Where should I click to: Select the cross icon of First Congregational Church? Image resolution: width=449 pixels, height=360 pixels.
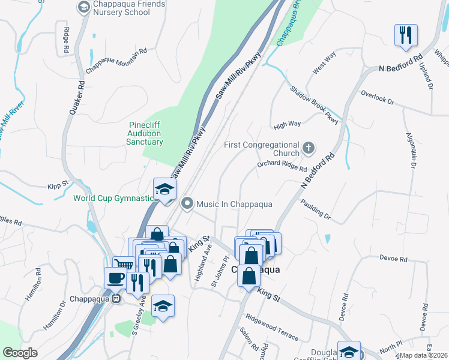tap(309, 147)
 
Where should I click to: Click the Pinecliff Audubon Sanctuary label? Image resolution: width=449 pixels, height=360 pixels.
tap(145, 134)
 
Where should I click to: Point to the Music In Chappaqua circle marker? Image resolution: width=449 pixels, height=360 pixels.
tap(187, 204)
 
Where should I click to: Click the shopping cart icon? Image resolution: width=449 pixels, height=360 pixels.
tap(124, 265)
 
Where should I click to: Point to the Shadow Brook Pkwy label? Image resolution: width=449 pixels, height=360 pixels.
tap(315, 104)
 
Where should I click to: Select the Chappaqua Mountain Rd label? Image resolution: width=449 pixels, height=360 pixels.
tap(116, 60)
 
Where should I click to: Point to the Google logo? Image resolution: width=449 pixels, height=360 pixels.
tap(20, 352)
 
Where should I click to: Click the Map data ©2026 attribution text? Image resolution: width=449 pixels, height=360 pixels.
tap(423, 355)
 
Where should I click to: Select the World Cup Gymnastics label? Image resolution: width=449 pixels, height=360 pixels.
tap(113, 198)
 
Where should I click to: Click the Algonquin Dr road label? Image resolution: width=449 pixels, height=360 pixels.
tap(411, 149)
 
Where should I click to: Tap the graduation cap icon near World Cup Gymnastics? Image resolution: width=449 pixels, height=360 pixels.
tap(164, 189)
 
